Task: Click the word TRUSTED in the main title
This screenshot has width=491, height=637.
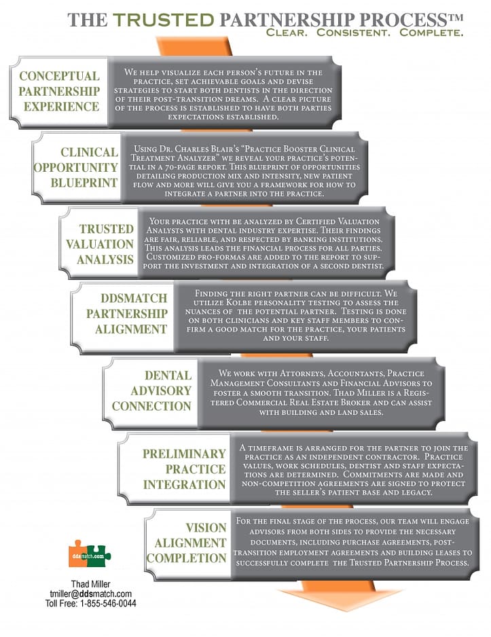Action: click(x=163, y=20)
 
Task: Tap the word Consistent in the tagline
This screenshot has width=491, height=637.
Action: click(x=353, y=33)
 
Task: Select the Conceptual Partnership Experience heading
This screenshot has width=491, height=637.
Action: click(x=59, y=92)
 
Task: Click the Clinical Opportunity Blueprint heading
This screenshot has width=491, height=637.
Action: click(x=76, y=167)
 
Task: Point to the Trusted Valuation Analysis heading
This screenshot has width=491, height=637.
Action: click(x=100, y=244)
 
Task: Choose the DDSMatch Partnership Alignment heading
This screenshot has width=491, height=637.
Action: click(x=127, y=314)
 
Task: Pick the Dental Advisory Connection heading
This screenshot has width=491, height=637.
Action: click(x=151, y=390)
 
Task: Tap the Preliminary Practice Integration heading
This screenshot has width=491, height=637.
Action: click(x=184, y=469)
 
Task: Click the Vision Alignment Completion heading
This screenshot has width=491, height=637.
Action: click(x=186, y=543)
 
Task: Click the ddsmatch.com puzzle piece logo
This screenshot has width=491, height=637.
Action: click(x=90, y=553)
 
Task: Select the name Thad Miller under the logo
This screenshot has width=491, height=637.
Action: click(x=90, y=584)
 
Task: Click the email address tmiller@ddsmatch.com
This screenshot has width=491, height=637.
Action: click(x=90, y=594)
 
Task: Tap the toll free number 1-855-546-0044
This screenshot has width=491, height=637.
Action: click(x=108, y=603)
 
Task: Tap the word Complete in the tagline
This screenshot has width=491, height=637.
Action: click(x=431, y=33)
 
